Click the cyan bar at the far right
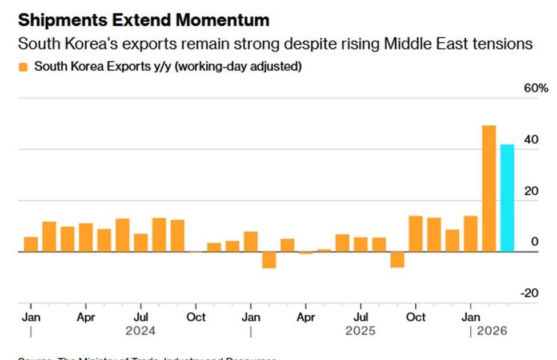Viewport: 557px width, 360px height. [507, 198]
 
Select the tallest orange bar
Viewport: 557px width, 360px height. [489, 188]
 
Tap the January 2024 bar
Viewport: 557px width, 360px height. [31, 244]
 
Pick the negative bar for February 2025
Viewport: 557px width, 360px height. [269, 259]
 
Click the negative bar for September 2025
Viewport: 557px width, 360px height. [397, 259]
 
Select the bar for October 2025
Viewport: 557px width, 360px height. [415, 234]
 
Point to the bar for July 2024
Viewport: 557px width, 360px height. [141, 242]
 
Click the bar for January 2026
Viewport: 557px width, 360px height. [470, 234]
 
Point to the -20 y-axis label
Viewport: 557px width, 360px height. [530, 293]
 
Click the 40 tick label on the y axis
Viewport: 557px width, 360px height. [531, 140]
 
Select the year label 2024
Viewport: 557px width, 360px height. [141, 331]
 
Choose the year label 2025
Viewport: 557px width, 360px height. [360, 331]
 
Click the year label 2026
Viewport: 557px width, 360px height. [492, 331]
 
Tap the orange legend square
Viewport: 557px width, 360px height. [23, 67]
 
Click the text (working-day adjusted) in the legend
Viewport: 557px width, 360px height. [238, 67]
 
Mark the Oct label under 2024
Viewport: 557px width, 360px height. [196, 317]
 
